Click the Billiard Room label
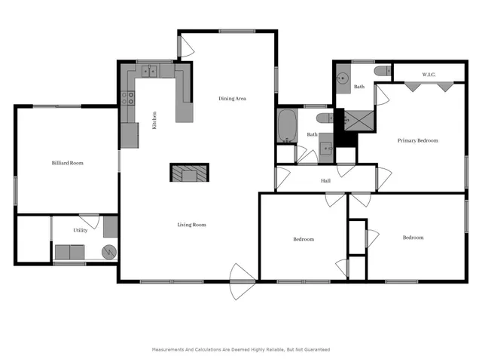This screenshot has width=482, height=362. pyautogui.click(x=67, y=163)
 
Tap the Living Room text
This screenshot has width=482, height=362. pyautogui.click(x=191, y=225)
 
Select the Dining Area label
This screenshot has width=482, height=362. pyautogui.click(x=232, y=99)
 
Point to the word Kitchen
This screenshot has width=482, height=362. pyautogui.click(x=154, y=121)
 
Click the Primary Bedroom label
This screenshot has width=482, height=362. pyautogui.click(x=418, y=140)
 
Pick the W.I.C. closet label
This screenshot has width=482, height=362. pyautogui.click(x=429, y=75)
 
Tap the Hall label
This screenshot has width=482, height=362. pyautogui.click(x=325, y=181)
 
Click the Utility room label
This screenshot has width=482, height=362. pyautogui.click(x=80, y=230)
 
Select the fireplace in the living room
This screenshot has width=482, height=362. pyautogui.click(x=189, y=173)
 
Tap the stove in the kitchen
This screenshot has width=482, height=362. pyautogui.click(x=128, y=97)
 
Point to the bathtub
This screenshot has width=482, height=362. pyautogui.click(x=287, y=126)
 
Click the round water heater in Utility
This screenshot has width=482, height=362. pyautogui.click(x=110, y=252)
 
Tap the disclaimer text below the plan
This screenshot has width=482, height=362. pyautogui.click(x=240, y=349)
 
